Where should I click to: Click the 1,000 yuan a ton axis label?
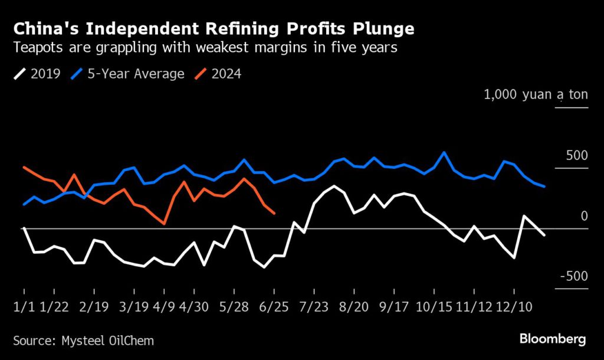pyautogui.click(x=536, y=94)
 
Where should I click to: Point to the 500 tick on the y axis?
pyautogui.click(x=576, y=156)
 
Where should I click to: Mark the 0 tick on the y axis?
pyautogui.click(x=584, y=216)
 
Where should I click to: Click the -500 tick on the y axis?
pyautogui.click(x=573, y=276)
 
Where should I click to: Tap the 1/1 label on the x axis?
pyautogui.click(x=24, y=307)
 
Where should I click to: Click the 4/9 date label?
pyautogui.click(x=164, y=307)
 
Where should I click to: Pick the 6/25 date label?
pyautogui.click(x=274, y=307)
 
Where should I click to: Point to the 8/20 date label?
pyautogui.click(x=351, y=307)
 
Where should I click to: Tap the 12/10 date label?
pyautogui.click(x=514, y=307)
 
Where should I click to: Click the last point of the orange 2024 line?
pyautogui.click(x=274, y=213)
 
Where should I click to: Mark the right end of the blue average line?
pyautogui.click(x=544, y=186)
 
